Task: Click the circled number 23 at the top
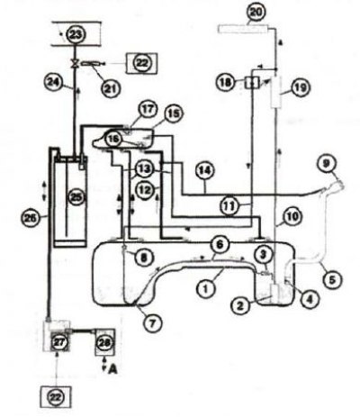tap(76, 34)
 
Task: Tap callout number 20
tap(256, 14)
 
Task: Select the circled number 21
tap(112, 88)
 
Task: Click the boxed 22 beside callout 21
tap(141, 63)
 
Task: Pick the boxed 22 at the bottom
tap(57, 396)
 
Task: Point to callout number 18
tap(227, 82)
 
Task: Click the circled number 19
tap(301, 87)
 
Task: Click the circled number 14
tap(205, 171)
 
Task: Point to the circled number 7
tap(153, 323)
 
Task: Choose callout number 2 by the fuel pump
tap(240, 305)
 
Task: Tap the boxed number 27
tap(59, 342)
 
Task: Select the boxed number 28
tap(104, 342)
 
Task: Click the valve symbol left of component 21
tap(74, 63)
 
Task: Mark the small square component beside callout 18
tap(252, 82)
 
